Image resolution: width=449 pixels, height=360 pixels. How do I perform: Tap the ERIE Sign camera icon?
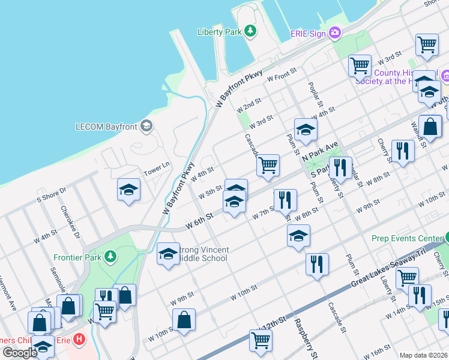pyautogui.click(x=334, y=34)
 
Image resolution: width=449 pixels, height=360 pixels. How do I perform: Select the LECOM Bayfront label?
pyautogui.click(x=107, y=127)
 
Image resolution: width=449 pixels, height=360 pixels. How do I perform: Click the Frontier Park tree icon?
pyautogui.click(x=110, y=257)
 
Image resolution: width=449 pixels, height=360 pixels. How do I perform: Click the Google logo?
pyautogui.click(x=20, y=352)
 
